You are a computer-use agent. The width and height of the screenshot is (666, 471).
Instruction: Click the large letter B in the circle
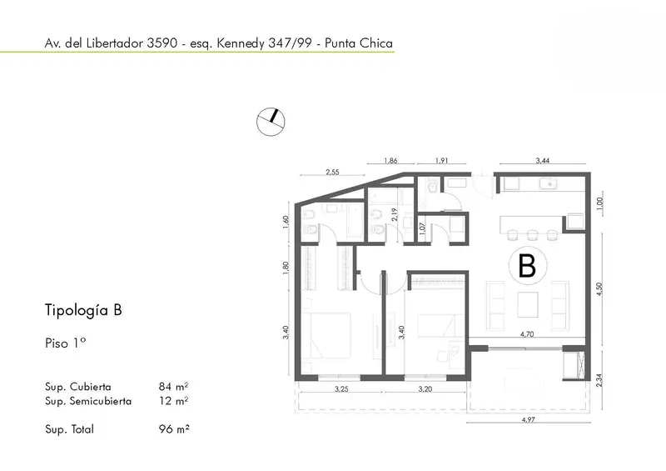(527, 266)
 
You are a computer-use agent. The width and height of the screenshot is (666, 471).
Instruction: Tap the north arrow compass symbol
(271, 122)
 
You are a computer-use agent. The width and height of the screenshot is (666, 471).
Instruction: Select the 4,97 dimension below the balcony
(528, 419)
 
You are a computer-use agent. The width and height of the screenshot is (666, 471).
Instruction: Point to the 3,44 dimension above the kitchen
(543, 160)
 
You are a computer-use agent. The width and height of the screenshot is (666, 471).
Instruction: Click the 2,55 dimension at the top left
(332, 172)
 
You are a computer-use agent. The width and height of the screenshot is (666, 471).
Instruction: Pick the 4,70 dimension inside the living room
(527, 334)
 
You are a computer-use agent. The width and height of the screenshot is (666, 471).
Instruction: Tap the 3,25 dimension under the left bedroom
(341, 388)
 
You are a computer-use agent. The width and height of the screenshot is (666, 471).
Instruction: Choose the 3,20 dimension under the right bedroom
(425, 388)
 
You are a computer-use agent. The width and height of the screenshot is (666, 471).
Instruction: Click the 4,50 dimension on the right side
(599, 289)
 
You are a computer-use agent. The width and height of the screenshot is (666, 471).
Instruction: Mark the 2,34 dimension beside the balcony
(599, 380)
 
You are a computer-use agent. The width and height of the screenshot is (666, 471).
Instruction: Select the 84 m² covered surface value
(173, 386)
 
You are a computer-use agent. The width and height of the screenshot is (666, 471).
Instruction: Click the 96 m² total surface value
(174, 428)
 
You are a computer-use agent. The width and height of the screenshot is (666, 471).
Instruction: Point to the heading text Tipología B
(83, 310)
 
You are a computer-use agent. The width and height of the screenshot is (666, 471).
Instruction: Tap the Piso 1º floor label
(66, 343)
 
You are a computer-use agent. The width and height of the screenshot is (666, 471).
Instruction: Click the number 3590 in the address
(162, 43)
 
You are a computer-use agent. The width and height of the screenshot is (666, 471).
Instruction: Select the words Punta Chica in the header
(359, 43)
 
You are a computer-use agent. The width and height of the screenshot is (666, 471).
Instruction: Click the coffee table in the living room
(528, 304)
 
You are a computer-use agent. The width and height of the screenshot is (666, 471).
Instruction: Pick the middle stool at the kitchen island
(532, 235)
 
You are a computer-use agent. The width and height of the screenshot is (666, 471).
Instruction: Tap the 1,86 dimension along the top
(390, 160)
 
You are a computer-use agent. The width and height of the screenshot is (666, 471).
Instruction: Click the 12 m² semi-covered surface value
(173, 401)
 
